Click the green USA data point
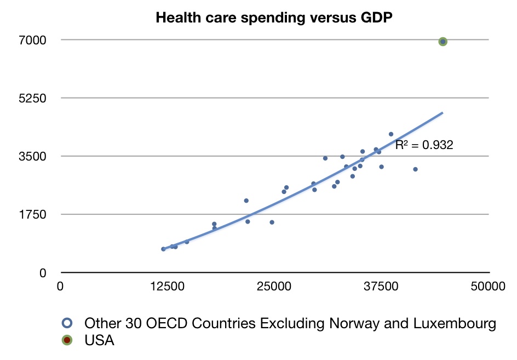pos(443,42)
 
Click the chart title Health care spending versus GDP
pos(274,18)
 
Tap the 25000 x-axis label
pos(274,286)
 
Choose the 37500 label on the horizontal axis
pos(382,286)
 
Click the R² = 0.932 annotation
pos(424,146)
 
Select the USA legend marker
pos(67,340)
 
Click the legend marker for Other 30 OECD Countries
pos(67,323)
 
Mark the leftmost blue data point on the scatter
pos(163,249)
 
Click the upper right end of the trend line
pos(441,113)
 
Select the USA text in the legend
pos(99,340)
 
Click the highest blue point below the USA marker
pos(391,134)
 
